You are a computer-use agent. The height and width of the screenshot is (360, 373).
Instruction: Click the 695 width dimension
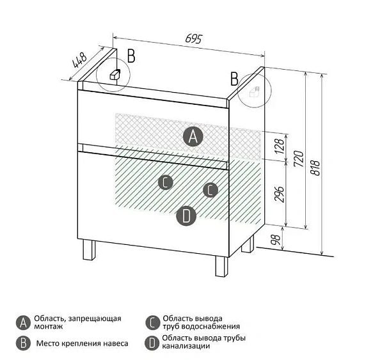(194, 39)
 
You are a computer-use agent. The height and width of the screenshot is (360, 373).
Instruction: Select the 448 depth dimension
(79, 60)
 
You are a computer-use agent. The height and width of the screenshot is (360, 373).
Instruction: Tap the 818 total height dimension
(316, 168)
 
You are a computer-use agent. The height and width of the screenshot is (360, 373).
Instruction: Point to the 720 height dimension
(299, 159)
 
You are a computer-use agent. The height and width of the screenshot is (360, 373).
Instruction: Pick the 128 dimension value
(280, 146)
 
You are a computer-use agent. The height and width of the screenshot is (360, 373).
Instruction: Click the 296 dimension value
(280, 194)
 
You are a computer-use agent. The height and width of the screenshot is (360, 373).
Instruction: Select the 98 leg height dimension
(275, 240)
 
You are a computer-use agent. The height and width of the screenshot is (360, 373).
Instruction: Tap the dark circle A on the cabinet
(193, 136)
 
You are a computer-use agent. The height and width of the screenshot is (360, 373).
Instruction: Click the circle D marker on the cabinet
(186, 216)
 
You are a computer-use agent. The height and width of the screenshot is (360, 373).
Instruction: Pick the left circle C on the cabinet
(166, 182)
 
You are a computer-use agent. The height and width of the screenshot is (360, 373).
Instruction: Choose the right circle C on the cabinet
(210, 190)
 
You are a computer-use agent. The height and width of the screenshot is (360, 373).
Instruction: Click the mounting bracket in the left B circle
(115, 74)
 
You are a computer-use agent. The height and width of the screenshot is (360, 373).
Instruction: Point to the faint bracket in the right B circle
(254, 91)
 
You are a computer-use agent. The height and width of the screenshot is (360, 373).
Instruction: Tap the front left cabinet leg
(90, 250)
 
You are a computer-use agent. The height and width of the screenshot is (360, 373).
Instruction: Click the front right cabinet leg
(222, 266)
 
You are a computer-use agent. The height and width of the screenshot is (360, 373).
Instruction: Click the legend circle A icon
(23, 323)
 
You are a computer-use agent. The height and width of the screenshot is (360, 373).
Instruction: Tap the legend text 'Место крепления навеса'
(82, 343)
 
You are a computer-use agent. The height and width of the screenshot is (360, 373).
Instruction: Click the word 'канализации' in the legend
(186, 346)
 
